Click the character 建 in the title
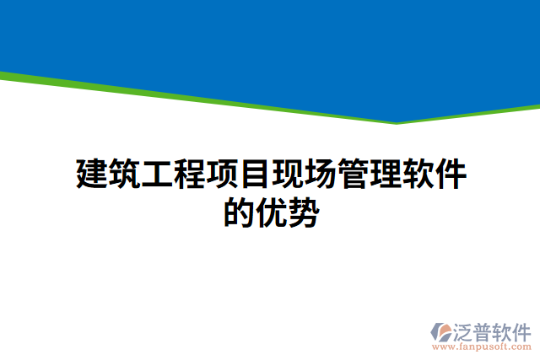point(91,174)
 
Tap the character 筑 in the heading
point(124,174)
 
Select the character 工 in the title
point(157,174)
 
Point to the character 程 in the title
point(190,174)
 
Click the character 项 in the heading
point(223,174)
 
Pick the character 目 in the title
point(256,174)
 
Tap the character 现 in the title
point(288,174)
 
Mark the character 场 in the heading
point(321,174)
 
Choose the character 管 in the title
point(354,174)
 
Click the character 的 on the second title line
point(239,212)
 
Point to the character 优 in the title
point(272,212)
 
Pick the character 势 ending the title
point(304,212)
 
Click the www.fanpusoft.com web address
point(482,346)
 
